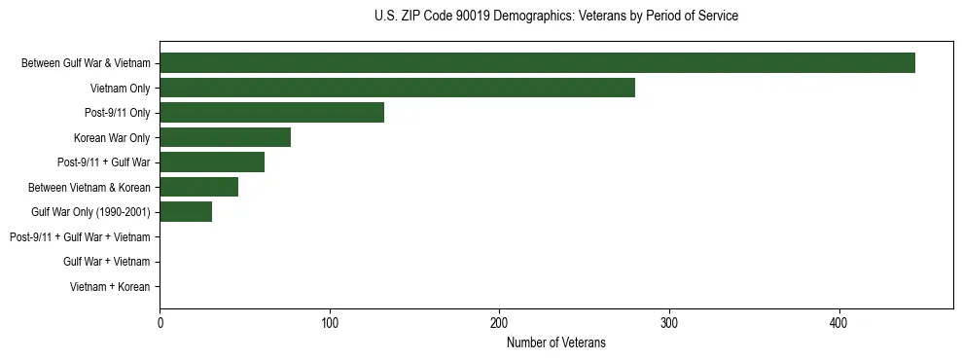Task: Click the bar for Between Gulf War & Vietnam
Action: click(537, 63)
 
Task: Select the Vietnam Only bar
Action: click(397, 88)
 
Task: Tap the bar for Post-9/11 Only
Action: click(271, 112)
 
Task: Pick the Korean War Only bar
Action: click(225, 137)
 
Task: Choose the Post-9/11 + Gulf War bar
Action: click(212, 162)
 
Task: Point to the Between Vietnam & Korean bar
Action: click(198, 187)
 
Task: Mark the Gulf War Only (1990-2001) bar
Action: click(186, 211)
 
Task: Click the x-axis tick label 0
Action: click(160, 322)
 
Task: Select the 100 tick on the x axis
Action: click(330, 322)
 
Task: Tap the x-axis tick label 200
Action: click(499, 322)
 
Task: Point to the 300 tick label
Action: click(669, 322)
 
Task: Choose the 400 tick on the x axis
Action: click(838, 322)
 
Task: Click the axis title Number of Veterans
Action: click(556, 342)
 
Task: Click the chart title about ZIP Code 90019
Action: click(556, 17)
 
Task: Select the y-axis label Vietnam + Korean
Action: click(110, 287)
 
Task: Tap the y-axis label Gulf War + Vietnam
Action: click(107, 262)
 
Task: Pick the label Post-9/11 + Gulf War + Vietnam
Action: click(80, 236)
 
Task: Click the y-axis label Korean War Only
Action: click(112, 137)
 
